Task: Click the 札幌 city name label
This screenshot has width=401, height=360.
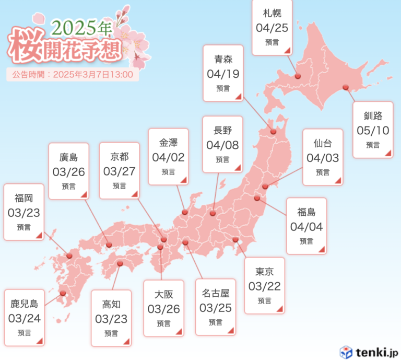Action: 272,13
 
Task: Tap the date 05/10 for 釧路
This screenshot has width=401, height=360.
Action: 373,130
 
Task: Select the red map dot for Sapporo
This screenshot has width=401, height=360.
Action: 298,76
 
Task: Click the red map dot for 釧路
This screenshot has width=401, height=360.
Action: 345,87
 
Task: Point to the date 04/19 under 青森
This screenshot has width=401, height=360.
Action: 223,74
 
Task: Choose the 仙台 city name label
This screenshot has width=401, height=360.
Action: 323,143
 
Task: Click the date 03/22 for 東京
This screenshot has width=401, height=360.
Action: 264,286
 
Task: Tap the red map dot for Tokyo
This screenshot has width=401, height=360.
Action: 235,240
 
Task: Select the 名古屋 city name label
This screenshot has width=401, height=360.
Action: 215,293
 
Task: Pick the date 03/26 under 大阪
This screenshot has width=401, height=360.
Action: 163,309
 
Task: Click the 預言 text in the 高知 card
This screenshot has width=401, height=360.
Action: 111,333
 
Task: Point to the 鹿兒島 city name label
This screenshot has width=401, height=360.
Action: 25,303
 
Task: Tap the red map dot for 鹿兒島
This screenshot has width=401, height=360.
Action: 63,293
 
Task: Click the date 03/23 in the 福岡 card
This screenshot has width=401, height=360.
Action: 23,213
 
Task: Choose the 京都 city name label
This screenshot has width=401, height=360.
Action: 119,157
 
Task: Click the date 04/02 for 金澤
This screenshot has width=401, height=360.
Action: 168,157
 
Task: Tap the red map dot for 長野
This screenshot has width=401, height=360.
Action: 213,213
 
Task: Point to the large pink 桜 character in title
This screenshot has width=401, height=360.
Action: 26,45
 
